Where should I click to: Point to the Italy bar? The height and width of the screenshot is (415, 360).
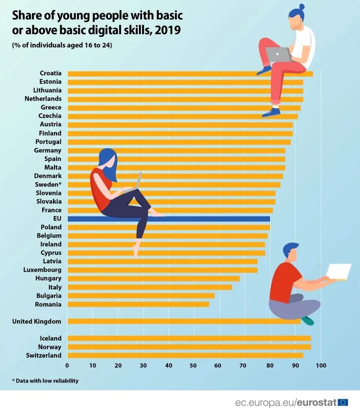(x=149, y=287)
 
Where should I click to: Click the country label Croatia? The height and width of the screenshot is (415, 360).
(x=50, y=73)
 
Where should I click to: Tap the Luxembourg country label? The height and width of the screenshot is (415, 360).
(x=42, y=270)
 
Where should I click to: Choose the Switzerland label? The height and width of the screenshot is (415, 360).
(x=43, y=355)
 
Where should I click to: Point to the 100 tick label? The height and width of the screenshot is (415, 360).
(x=320, y=366)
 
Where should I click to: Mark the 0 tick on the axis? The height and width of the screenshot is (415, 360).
(x=67, y=366)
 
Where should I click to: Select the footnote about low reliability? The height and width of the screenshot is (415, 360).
(x=45, y=381)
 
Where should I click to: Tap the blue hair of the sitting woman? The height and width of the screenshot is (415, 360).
(x=107, y=157)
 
